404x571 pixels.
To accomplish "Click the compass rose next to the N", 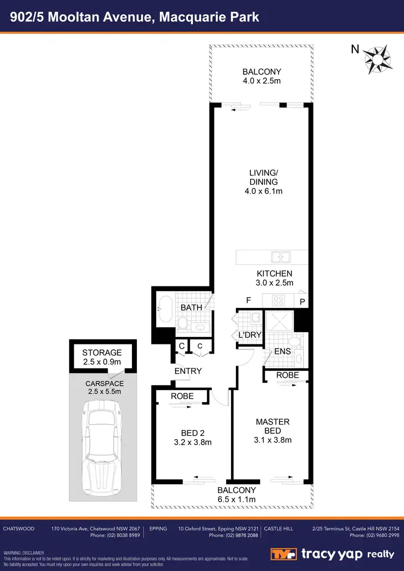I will [377, 57].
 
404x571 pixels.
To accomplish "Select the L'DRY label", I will [249, 335].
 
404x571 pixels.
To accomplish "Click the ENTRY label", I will [188, 371].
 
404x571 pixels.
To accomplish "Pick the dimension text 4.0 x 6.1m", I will [263, 191].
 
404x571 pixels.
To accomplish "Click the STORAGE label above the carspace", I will [102, 353].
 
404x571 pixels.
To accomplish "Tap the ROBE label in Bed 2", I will [182, 396].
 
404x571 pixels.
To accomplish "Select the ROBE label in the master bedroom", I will [287, 375].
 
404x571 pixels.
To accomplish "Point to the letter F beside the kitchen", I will [248, 300].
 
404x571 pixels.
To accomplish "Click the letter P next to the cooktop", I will [302, 301].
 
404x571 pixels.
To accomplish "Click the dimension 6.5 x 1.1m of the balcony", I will [236, 499].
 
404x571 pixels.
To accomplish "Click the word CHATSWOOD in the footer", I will [19, 528].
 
